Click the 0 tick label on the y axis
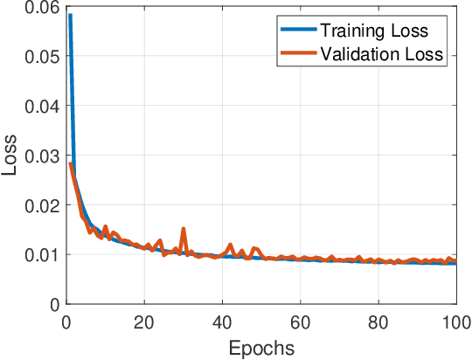coord(54,305)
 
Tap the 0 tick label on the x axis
coord(66,322)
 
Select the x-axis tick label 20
coord(144,322)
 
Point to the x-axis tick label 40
coord(222,322)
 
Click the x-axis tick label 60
coord(300,322)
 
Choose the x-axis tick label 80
coord(378,322)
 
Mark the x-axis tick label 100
coord(455,322)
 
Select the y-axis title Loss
coord(11,156)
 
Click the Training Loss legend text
coord(373,31)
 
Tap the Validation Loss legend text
coord(382,54)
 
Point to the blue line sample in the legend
coord(295,31)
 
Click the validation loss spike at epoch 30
coord(184,229)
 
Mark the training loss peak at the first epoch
coord(70,16)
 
